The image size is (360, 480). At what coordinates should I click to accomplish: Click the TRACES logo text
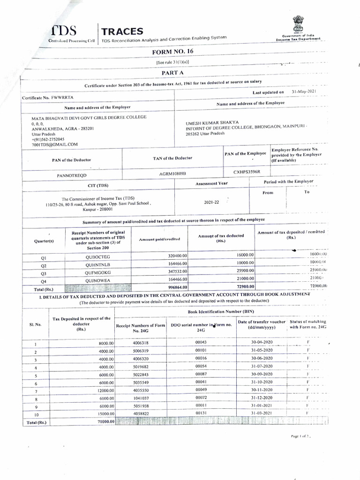tap(123, 31)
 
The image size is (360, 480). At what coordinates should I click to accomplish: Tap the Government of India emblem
tap(299, 23)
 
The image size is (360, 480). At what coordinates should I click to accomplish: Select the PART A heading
tap(172, 73)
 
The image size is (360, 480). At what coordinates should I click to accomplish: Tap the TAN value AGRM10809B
tap(172, 173)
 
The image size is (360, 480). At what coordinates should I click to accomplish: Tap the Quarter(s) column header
tap(44, 241)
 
